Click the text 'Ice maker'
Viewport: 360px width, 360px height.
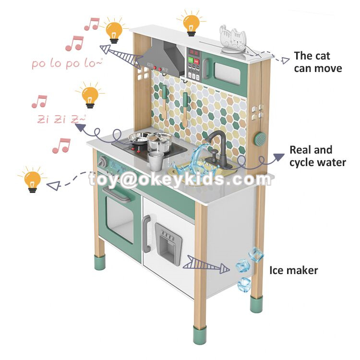click(x=293, y=270)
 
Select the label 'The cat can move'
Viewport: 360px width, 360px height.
click(x=318, y=62)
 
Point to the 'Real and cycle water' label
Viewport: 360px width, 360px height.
click(x=318, y=156)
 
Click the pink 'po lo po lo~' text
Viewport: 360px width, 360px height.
click(x=67, y=63)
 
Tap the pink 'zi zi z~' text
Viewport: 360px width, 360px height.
click(x=61, y=119)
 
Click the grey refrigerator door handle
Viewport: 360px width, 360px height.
click(x=146, y=234)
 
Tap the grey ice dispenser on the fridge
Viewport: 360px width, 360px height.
click(x=168, y=243)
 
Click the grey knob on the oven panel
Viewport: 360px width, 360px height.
click(x=102, y=161)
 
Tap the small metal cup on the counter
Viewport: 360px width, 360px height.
click(x=156, y=160)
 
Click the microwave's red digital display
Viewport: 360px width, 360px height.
click(x=193, y=53)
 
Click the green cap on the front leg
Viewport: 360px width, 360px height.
click(x=199, y=335)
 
